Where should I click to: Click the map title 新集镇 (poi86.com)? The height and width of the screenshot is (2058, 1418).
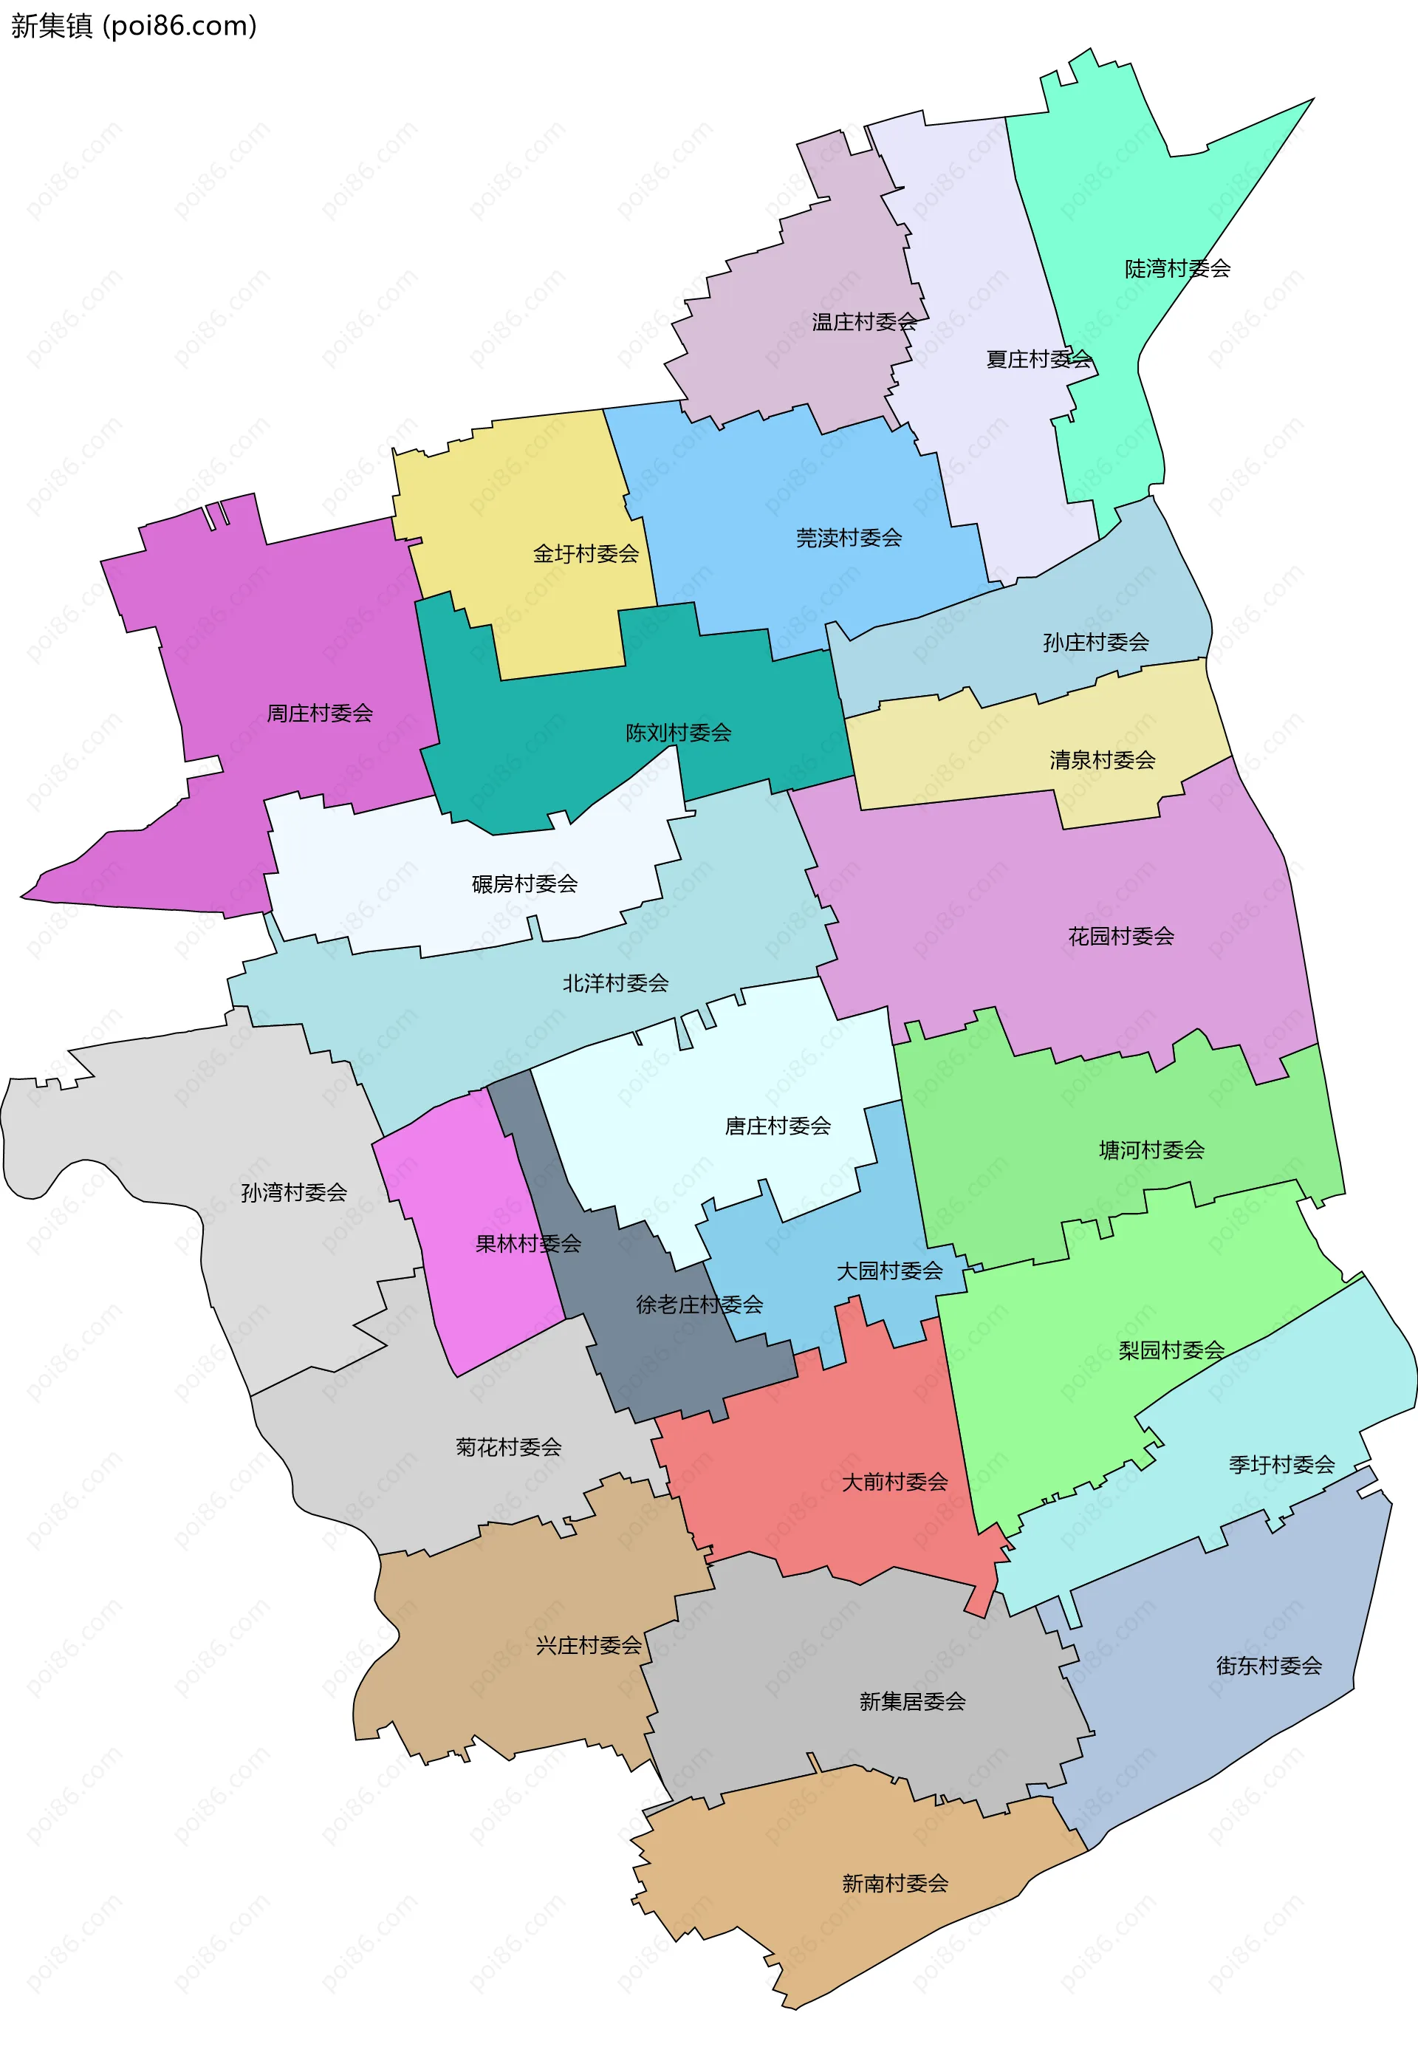[x=133, y=26]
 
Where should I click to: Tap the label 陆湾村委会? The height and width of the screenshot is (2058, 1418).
[x=1177, y=268]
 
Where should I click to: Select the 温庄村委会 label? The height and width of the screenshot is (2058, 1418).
[x=863, y=321]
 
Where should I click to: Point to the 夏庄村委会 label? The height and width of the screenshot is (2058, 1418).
[x=1038, y=359]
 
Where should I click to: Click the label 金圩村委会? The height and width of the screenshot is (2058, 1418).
[x=586, y=553]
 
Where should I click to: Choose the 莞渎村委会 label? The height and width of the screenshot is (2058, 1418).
[x=849, y=538]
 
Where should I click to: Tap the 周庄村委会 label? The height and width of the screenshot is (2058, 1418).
[x=320, y=713]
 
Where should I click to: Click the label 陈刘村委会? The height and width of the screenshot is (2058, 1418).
[x=678, y=732]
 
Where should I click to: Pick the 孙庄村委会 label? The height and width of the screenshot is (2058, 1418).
[x=1095, y=642]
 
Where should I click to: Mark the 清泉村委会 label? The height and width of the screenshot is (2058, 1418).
[x=1103, y=760]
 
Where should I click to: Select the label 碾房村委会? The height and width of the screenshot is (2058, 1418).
[x=524, y=883]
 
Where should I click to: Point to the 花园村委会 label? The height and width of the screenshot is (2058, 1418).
[x=1120, y=936]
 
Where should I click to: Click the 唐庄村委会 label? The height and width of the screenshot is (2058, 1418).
[x=778, y=1126]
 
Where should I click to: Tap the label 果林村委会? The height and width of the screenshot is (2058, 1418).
[x=528, y=1243]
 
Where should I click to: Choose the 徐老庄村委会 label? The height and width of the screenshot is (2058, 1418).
[x=699, y=1305]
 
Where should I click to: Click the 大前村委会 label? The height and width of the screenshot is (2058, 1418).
[x=894, y=1481]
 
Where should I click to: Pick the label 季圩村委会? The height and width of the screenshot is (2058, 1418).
[x=1281, y=1464]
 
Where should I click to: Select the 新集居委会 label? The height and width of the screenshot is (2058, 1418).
[x=911, y=1700]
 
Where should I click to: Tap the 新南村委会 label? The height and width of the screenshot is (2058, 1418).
[x=894, y=1883]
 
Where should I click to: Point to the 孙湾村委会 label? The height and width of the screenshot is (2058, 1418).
[x=293, y=1192]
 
